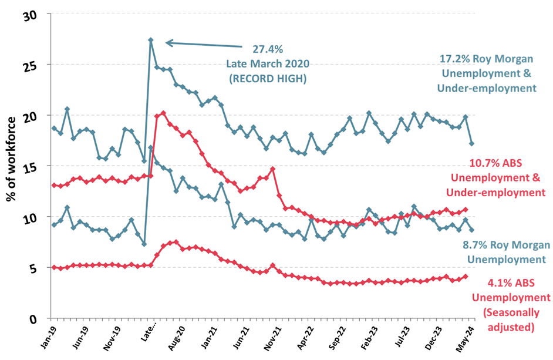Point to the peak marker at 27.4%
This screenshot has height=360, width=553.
click(151, 40)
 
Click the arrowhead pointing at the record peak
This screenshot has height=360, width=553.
click(169, 42)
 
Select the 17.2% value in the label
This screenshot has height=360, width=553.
click(452, 59)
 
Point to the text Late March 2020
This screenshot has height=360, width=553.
click(268, 63)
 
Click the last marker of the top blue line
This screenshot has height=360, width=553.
click(472, 143)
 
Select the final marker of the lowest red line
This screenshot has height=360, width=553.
click(466, 276)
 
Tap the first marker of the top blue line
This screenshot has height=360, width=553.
click(54, 128)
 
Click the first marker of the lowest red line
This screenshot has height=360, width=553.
click(54, 267)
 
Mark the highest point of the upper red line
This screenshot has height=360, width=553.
click(163, 113)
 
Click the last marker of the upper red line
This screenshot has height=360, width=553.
click(466, 209)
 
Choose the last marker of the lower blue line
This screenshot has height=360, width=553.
click(472, 230)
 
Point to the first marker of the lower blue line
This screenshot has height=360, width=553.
click(54, 225)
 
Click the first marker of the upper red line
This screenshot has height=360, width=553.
click(54, 186)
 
